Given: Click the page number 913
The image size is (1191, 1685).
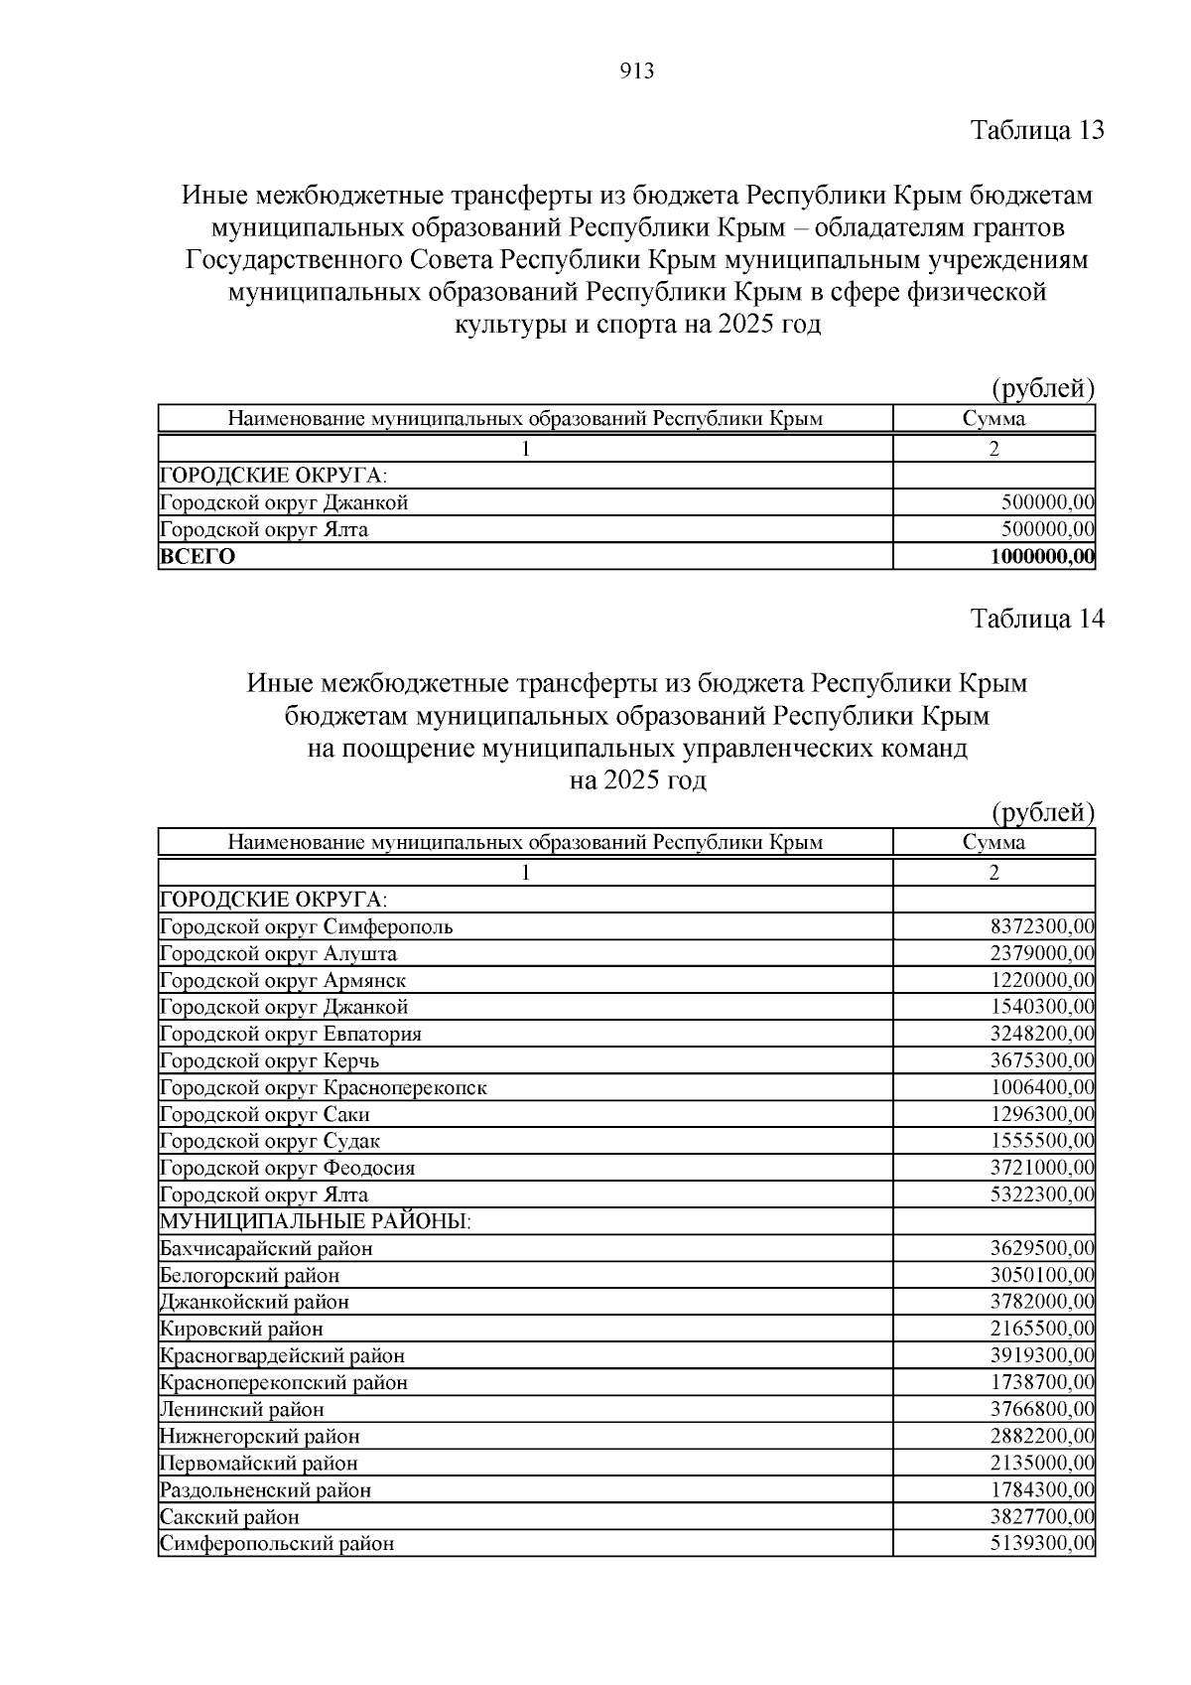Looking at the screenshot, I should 636,71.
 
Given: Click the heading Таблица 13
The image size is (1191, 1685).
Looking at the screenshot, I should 1037,130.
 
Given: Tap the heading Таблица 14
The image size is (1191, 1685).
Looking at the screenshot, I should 1037,619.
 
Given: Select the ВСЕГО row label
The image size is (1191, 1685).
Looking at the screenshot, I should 198,556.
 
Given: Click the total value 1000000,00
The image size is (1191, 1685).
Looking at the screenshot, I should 1042,556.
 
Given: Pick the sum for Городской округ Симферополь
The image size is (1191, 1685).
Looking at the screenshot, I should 1042,926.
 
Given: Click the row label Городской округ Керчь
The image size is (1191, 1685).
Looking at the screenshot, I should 269,1060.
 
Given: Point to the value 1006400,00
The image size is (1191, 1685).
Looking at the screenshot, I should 1042,1087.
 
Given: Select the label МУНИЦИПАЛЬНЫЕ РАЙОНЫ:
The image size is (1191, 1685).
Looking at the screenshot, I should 316,1221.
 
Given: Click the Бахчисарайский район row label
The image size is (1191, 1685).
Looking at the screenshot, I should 266,1248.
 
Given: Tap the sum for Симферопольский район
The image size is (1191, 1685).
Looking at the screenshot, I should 1042,1543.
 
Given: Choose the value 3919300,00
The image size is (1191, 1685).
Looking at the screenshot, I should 1042,1355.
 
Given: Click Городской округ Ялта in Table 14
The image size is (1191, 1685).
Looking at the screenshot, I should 264,1194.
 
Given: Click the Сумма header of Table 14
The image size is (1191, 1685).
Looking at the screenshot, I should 993,842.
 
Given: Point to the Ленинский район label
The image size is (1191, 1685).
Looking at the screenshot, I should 242,1409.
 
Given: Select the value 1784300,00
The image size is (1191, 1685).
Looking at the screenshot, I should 1042,1489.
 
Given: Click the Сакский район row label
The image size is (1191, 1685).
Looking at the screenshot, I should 229,1516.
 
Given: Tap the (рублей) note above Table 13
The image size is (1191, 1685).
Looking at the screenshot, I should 1043,388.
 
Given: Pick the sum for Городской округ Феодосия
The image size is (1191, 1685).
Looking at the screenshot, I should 1042,1168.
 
